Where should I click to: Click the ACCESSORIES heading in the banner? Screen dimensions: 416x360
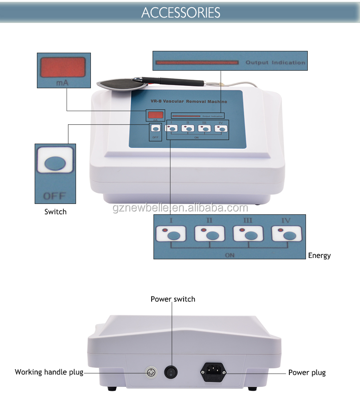(180, 12)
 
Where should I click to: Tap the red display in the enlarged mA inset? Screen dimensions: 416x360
(63, 68)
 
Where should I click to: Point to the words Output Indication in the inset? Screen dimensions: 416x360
(275, 63)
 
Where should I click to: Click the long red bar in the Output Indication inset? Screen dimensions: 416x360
(197, 63)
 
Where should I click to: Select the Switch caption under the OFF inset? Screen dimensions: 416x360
(55, 212)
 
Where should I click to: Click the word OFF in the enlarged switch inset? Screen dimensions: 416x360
(54, 196)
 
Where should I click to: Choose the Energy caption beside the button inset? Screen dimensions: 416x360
(319, 255)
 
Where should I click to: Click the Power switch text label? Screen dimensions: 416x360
(173, 299)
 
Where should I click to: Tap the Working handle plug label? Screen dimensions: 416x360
(49, 372)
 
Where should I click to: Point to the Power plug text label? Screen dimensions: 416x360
(306, 372)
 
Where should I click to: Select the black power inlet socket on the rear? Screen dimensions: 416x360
(213, 372)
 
